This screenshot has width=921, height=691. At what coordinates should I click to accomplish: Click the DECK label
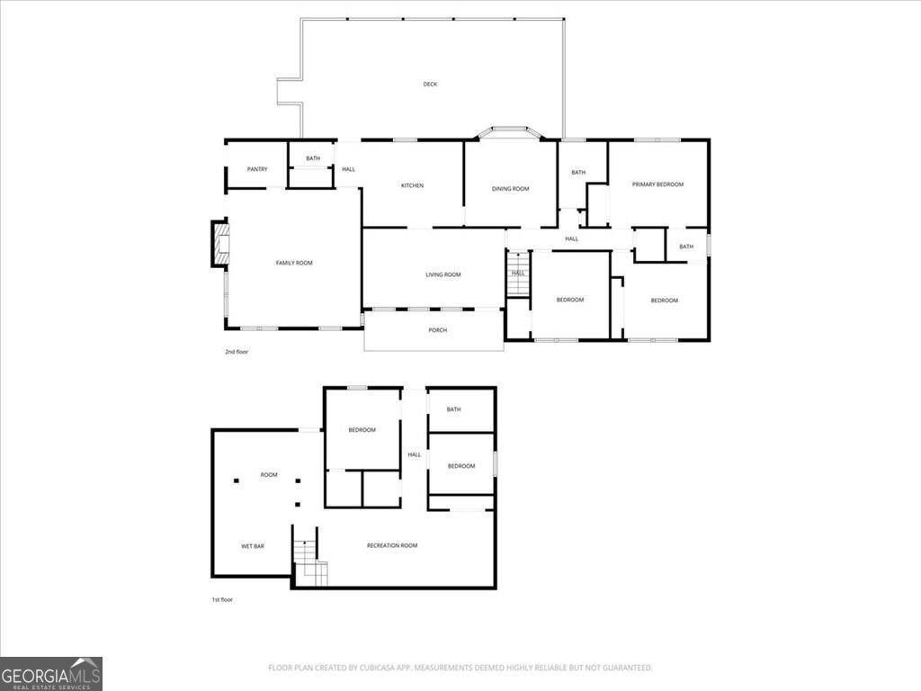[x=430, y=85]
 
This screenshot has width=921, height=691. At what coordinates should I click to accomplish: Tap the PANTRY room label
[x=257, y=169]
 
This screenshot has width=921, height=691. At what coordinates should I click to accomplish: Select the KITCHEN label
[x=412, y=186]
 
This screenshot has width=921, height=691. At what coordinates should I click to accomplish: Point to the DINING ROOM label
[x=510, y=189]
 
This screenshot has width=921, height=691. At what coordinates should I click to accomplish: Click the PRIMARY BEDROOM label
[x=657, y=184]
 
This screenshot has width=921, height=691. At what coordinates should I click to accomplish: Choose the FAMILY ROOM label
[x=293, y=263]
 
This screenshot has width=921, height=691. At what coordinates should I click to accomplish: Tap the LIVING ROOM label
[x=443, y=274]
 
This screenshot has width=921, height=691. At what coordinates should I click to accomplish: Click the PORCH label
[x=437, y=330]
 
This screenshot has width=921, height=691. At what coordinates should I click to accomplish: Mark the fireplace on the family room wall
[x=219, y=244]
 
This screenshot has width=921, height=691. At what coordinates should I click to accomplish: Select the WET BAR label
[x=252, y=546]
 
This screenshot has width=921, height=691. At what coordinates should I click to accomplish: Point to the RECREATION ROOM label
[x=392, y=545]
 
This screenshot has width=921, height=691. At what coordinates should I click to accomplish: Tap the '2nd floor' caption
[x=237, y=352]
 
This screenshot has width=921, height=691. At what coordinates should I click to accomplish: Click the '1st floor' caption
[x=221, y=599]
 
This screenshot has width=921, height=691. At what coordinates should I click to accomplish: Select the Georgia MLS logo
[x=51, y=673]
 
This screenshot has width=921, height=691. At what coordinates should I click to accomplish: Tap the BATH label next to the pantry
[x=312, y=159]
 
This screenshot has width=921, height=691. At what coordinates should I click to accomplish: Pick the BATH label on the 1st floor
[x=453, y=409]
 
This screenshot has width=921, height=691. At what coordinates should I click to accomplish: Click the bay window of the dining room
[x=509, y=132]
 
